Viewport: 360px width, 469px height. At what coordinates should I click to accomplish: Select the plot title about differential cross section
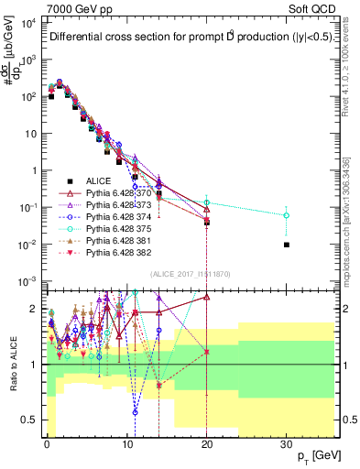(191, 38)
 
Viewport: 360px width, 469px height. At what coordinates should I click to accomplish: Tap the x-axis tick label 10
(126, 443)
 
